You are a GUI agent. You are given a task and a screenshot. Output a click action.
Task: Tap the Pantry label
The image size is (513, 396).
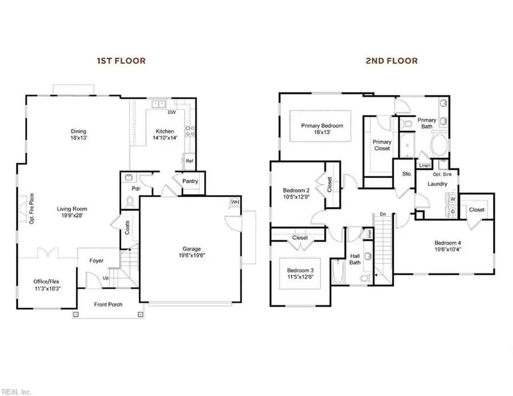pos(190,182)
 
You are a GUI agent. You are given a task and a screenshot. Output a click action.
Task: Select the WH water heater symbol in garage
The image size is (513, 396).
pos(235,202)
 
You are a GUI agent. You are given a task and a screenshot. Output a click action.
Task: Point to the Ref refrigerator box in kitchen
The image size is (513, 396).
pos(189,161)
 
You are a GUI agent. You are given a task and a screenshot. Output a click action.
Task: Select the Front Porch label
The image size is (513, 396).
pos(108,304)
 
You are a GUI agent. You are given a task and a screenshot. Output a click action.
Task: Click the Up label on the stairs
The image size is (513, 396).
pos(106,278)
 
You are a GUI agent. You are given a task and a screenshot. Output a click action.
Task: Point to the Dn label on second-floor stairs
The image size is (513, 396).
pos(383,214)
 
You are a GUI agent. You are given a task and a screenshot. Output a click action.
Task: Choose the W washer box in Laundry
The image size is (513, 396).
pos(452,199)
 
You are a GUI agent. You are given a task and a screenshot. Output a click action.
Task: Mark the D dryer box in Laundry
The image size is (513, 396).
pos(452,211)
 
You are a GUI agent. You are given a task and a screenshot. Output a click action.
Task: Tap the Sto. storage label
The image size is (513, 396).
pos(407,173)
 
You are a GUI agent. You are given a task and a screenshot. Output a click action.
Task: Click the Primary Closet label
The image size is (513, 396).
pos(382,145)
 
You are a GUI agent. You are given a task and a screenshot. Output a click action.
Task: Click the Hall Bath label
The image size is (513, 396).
pos(355,259)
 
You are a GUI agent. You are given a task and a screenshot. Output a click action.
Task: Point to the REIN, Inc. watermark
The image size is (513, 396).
pos(17,391)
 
